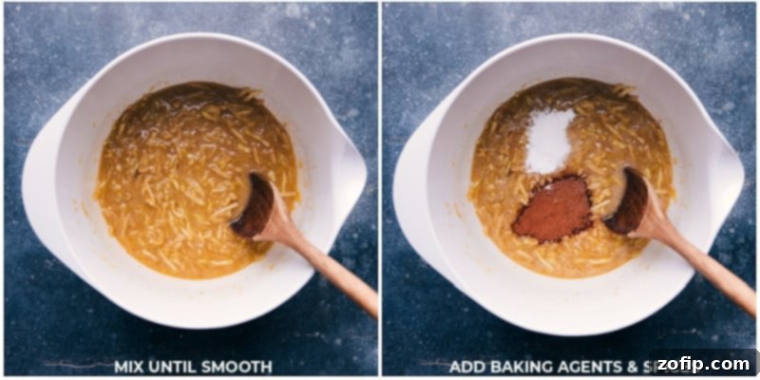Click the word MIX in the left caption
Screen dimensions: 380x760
(x=129, y=366)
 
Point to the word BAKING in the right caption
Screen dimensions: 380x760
(x=519, y=366)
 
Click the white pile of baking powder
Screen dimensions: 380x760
(x=550, y=140)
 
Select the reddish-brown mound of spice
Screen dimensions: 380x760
(x=553, y=207)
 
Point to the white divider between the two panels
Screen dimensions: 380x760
(x=380, y=190)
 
